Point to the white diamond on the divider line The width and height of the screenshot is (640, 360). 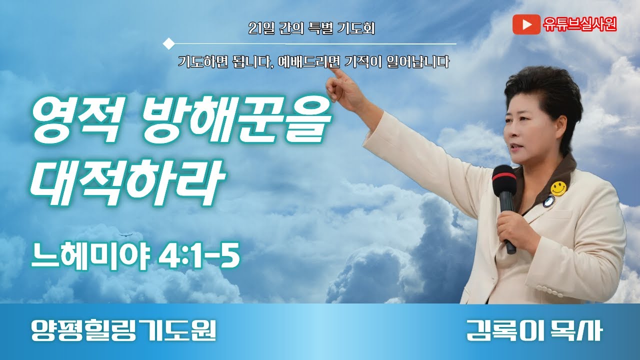click(x=169, y=43)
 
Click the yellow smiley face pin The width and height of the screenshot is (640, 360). click(x=558, y=188)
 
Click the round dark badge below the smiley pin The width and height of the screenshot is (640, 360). click(x=549, y=201)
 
